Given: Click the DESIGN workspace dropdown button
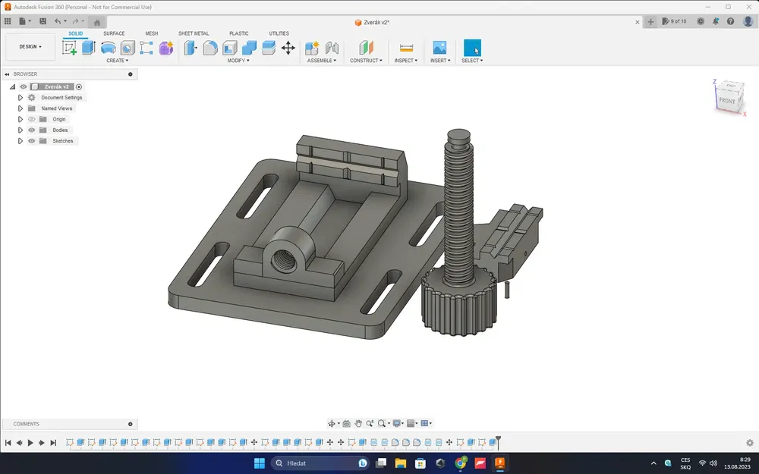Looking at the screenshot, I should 30,46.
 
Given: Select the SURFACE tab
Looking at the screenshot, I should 114,33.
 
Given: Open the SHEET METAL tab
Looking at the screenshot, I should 194,33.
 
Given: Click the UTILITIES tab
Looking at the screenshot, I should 279,33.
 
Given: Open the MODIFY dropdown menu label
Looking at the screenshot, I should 238,61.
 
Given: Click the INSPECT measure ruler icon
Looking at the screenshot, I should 406,48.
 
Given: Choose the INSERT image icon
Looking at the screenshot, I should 439,48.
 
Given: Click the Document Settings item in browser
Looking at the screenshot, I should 61,98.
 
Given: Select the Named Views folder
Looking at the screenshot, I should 56,108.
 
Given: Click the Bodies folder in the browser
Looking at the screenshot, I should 59,130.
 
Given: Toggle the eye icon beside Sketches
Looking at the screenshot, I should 32,141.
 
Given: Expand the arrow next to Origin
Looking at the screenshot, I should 20,119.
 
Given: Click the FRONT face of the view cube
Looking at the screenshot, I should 727,100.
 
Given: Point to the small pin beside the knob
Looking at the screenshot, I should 506,289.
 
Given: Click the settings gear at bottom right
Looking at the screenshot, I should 750,443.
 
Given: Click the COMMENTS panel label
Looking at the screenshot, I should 27,424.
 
